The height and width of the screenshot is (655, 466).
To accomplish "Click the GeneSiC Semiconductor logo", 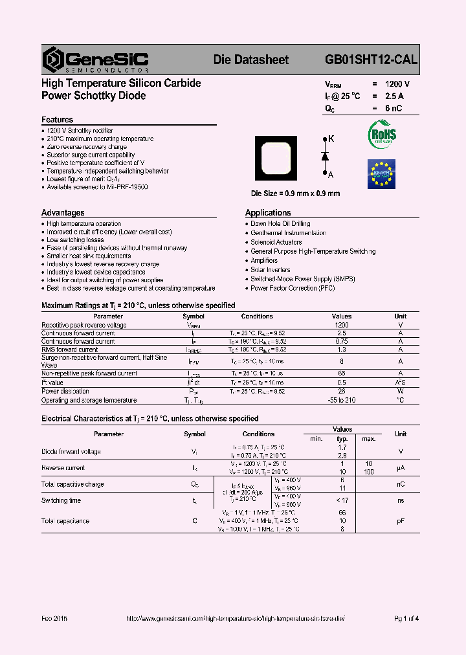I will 96,60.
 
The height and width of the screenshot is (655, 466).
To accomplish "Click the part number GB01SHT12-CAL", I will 371,60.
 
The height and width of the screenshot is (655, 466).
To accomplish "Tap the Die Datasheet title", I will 251,60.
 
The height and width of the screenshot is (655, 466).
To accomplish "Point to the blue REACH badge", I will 381,173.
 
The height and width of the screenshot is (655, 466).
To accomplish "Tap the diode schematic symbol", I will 325,156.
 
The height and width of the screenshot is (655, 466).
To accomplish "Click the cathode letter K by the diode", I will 331,139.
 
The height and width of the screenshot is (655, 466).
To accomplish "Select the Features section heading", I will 57,120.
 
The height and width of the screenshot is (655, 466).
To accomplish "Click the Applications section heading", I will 268,212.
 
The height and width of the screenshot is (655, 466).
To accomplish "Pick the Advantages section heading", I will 63,212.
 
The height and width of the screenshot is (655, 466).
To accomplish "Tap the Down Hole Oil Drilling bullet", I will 280,223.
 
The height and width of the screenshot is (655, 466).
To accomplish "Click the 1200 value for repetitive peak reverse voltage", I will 342,325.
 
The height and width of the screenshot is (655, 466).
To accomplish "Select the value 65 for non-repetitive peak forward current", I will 342,373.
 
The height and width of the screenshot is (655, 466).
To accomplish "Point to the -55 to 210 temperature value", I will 342,400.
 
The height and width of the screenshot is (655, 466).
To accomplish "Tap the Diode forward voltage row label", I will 71,451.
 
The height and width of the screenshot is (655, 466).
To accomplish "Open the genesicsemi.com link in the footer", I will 235,619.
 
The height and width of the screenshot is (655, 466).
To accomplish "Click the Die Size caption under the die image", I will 295,194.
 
